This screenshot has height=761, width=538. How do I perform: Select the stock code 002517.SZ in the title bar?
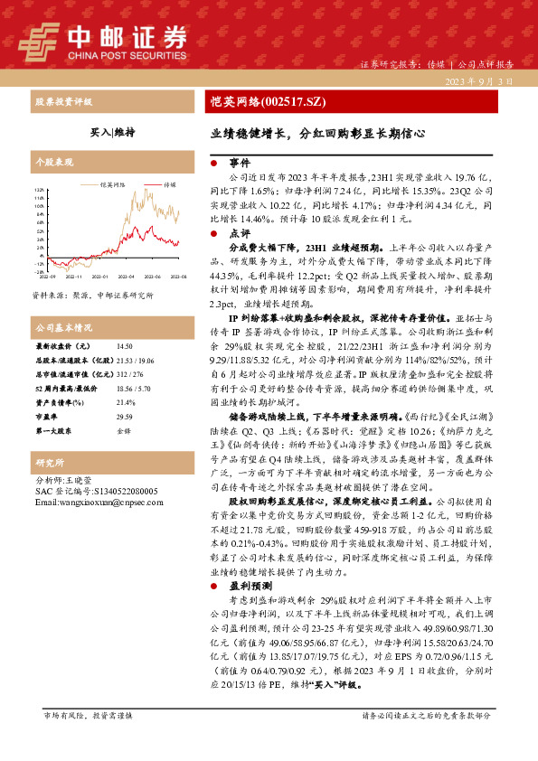tap(288, 101)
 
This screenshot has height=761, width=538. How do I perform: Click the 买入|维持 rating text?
tap(113, 132)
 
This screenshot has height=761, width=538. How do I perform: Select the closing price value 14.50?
tap(124, 346)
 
